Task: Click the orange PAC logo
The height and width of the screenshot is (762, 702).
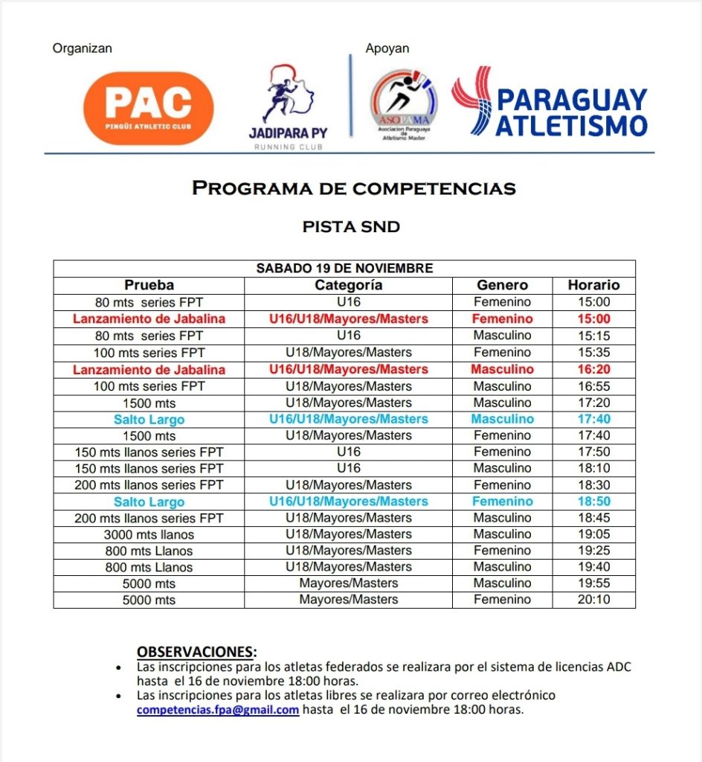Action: pyautogui.click(x=149, y=108)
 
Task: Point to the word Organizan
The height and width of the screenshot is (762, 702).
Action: pyautogui.click(x=82, y=48)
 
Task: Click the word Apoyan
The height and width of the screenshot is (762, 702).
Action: pyautogui.click(x=387, y=48)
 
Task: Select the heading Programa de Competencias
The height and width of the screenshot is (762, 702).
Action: pyautogui.click(x=353, y=188)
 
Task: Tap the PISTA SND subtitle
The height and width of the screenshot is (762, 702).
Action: pyautogui.click(x=351, y=227)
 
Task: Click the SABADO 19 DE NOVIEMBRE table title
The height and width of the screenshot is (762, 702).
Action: pyautogui.click(x=344, y=269)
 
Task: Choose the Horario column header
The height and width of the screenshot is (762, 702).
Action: pyautogui.click(x=593, y=285)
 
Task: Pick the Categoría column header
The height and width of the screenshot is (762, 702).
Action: pyautogui.click(x=349, y=285)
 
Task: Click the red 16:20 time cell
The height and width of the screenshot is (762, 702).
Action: pyautogui.click(x=593, y=370)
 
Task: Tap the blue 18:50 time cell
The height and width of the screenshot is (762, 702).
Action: pyautogui.click(x=593, y=502)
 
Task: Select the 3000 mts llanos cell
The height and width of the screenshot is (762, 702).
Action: pyautogui.click(x=149, y=534)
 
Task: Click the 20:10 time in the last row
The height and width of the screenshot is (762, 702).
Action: pyautogui.click(x=593, y=600)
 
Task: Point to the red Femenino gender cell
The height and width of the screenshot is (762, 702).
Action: pyautogui.click(x=502, y=318)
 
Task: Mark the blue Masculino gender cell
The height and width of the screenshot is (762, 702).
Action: pyautogui.click(x=502, y=419)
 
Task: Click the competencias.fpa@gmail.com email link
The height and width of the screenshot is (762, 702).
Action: pyautogui.click(x=218, y=710)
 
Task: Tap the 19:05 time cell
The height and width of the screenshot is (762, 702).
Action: pyautogui.click(x=593, y=534)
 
